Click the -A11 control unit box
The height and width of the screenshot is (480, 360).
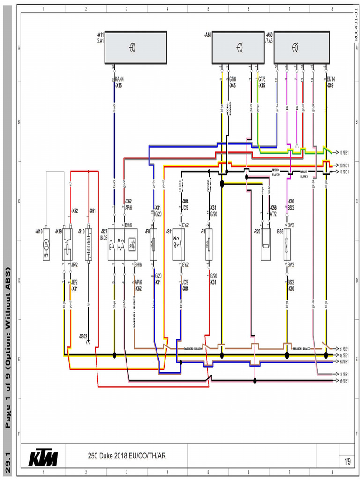pos(135,47)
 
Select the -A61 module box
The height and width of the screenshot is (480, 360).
pos(239,47)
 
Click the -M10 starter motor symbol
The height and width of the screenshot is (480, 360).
pos(46,244)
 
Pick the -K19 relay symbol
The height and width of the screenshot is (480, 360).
pos(67,244)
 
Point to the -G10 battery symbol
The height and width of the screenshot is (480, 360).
pos(88,244)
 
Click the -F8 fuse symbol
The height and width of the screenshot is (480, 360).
pos(153,244)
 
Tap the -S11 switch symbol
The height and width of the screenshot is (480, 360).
pos(179,244)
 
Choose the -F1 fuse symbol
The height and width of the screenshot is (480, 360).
pos(209,244)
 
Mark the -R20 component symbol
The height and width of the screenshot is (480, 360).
pos(266,244)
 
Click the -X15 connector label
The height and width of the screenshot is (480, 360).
pos(119,86)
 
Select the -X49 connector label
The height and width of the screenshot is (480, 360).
pos(330,86)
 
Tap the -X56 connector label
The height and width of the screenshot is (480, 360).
pos(273,207)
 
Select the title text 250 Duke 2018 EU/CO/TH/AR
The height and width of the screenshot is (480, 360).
pos(127,455)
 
